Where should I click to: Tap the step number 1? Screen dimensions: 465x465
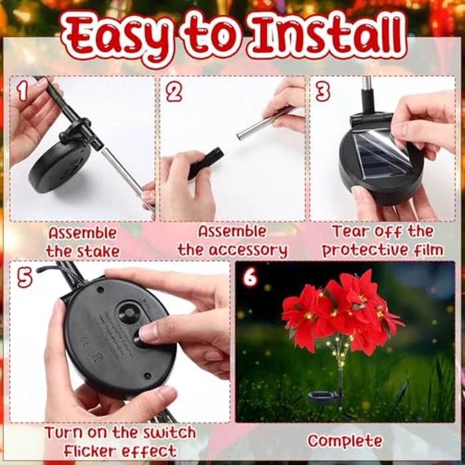pyautogui.click(x=23, y=92)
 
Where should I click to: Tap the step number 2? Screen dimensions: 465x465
pyautogui.click(x=174, y=92)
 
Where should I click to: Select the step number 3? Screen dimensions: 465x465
pyautogui.click(x=323, y=92)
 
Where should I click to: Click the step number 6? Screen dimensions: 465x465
pyautogui.click(x=250, y=277)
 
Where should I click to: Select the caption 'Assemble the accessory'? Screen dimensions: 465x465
pyautogui.click(x=232, y=242)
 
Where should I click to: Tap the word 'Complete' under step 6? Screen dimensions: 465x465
pyautogui.click(x=344, y=441)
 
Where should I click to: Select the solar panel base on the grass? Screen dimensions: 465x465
pyautogui.click(x=324, y=398)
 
